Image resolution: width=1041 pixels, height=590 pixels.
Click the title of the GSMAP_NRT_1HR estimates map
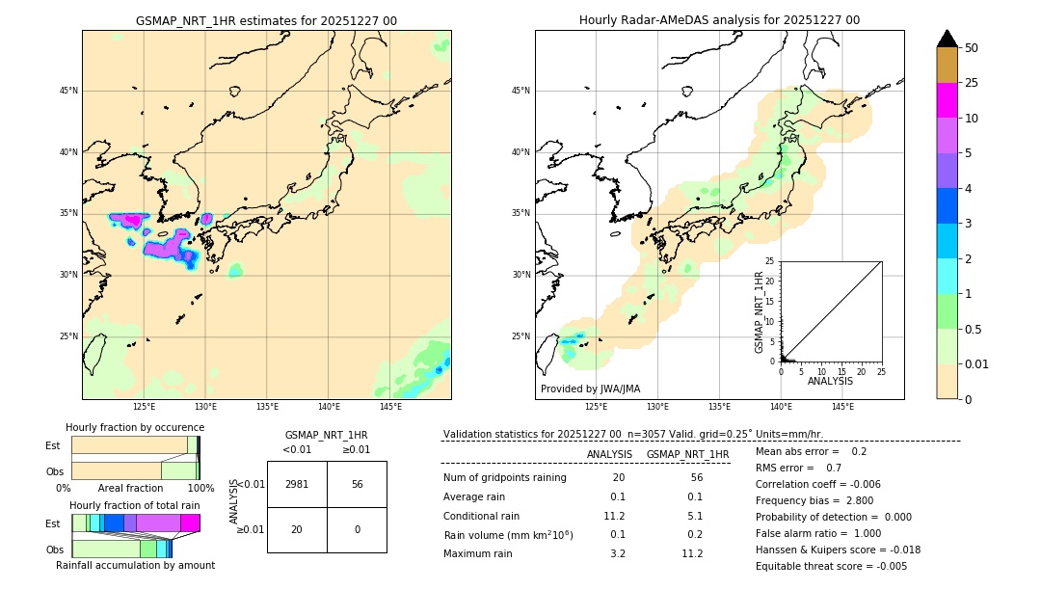click(266, 20)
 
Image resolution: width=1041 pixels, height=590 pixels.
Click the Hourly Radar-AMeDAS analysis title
click(719, 20)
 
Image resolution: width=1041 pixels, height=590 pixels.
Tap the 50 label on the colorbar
click(972, 48)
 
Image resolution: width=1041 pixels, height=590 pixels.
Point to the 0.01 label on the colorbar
click(978, 364)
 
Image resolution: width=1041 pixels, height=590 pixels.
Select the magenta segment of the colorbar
click(948, 100)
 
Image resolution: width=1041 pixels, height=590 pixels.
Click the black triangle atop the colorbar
click(948, 39)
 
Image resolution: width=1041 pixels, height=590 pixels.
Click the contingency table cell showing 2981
click(297, 484)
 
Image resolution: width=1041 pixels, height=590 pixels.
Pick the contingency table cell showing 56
click(357, 484)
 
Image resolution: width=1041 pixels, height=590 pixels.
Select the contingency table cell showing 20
click(297, 529)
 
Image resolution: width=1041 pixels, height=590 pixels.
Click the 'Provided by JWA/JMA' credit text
click(590, 389)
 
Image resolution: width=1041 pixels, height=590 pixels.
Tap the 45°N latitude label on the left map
click(68, 91)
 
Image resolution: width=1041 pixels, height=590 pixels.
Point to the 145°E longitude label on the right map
click(842, 407)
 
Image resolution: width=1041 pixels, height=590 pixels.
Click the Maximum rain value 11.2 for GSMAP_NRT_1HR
click(692, 553)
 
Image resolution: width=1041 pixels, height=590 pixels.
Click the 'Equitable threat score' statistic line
click(831, 566)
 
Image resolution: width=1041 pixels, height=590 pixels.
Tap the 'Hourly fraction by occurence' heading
click(135, 427)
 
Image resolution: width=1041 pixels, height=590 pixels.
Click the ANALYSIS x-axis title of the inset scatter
click(830, 382)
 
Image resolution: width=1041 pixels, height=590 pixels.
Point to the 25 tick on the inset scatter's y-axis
click(770, 261)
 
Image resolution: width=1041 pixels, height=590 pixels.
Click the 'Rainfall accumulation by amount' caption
click(135, 565)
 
